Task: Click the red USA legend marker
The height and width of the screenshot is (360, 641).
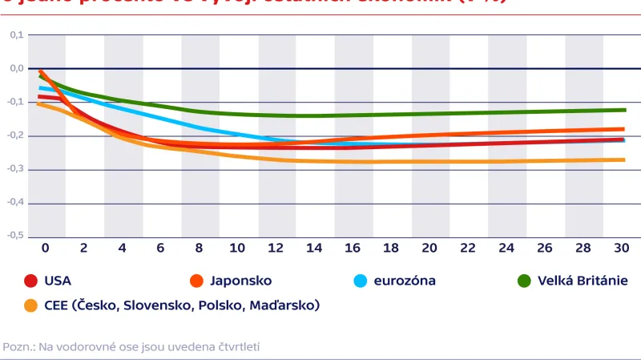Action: pos(31,281)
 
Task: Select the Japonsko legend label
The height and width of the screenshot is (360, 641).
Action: pos(240,281)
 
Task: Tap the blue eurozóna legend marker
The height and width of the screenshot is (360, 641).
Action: pos(360,281)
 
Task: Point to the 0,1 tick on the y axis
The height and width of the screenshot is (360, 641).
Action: pos(17,35)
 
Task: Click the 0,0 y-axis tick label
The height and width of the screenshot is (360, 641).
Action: pos(17,69)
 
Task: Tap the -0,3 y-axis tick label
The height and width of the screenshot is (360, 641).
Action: pos(16,169)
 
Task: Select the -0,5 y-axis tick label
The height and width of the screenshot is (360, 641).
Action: pos(16,237)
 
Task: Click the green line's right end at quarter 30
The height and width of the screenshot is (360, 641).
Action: pos(623,110)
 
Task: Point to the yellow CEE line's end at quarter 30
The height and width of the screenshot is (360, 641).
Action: pos(623,160)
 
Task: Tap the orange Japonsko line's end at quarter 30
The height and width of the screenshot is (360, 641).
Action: pos(623,129)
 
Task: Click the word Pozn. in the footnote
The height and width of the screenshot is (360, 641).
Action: pos(17,347)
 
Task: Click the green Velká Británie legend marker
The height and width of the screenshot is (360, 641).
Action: pos(524,281)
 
